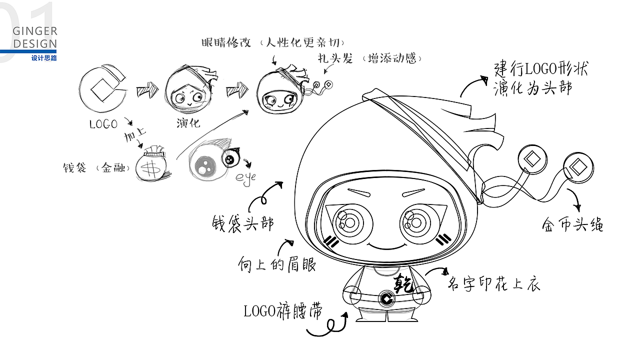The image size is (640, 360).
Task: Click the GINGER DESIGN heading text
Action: (x=35, y=37)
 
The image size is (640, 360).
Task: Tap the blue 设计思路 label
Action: (x=44, y=58)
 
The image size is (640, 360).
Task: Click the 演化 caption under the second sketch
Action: (x=188, y=122)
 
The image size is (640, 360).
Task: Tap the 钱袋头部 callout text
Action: (x=243, y=222)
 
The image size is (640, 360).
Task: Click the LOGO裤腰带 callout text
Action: (x=282, y=311)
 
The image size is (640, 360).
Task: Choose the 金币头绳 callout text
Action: (x=572, y=224)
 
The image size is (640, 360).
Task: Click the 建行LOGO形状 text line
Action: (x=540, y=69)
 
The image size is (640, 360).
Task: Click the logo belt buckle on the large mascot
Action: (x=387, y=299)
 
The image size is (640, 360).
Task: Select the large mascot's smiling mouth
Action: (x=386, y=245)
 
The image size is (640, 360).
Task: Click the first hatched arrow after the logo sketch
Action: (x=147, y=90)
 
